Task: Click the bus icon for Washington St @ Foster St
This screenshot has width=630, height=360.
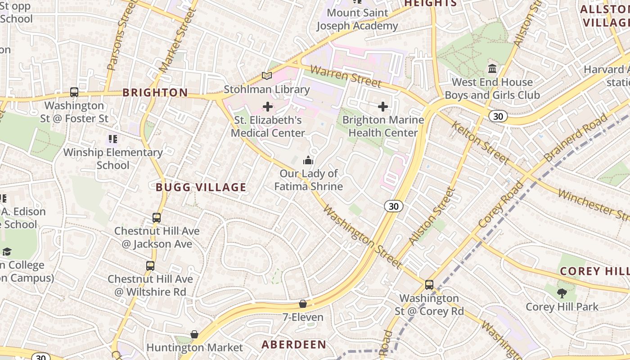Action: point(74,92)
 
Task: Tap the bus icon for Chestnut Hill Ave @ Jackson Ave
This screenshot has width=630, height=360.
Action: point(156,218)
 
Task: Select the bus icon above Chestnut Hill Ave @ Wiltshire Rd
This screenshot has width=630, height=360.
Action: point(150,266)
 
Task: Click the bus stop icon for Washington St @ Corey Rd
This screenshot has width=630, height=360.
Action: point(429,285)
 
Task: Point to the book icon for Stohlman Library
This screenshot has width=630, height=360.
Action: point(267,76)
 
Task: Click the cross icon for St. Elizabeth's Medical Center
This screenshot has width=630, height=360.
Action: point(268,107)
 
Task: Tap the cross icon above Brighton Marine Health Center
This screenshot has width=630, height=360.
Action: point(383,107)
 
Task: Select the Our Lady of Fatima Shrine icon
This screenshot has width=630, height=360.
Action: point(308,160)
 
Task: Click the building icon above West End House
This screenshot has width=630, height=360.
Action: point(492,69)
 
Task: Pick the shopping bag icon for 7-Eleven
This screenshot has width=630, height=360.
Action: point(303,304)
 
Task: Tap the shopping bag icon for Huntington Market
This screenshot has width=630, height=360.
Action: point(194,334)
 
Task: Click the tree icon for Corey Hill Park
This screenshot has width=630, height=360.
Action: point(562,294)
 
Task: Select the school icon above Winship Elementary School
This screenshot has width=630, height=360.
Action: point(112,139)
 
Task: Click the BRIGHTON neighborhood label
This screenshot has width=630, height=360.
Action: point(155,93)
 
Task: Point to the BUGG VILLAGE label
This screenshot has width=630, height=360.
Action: point(201,187)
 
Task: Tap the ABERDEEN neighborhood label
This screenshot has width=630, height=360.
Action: point(294,345)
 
